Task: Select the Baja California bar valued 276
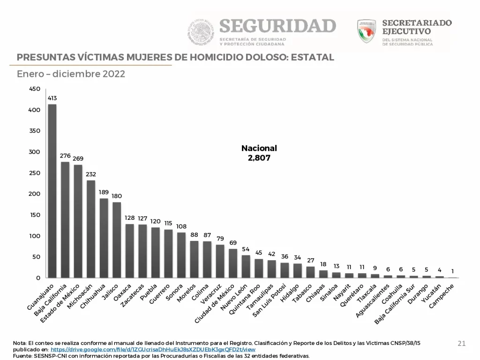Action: click(x=65, y=220)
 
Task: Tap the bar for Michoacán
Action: click(x=91, y=229)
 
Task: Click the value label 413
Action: click(x=52, y=98)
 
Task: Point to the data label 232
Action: click(x=91, y=174)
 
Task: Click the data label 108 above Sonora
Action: click(x=181, y=226)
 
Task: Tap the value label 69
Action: click(x=232, y=243)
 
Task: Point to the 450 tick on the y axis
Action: click(x=35, y=89)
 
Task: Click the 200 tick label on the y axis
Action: click(x=35, y=194)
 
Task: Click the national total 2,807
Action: click(x=259, y=158)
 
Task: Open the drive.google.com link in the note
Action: click(x=153, y=350)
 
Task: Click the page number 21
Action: click(x=462, y=344)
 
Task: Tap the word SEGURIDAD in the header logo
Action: click(x=277, y=26)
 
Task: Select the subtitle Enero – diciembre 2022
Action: click(x=71, y=74)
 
